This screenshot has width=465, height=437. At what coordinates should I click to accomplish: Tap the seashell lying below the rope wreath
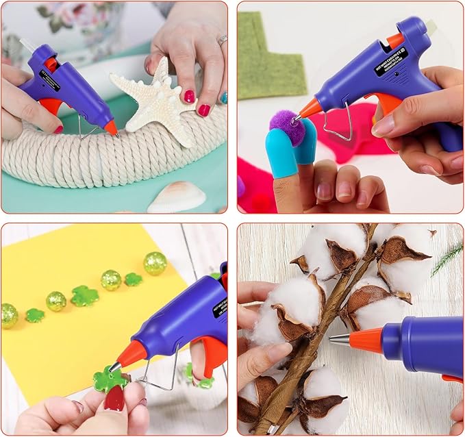[177, 197]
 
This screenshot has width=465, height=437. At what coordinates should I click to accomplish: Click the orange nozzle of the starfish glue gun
[110, 127]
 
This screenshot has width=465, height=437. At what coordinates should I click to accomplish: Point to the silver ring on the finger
[222, 40]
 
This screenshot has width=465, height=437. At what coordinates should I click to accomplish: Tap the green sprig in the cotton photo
[449, 258]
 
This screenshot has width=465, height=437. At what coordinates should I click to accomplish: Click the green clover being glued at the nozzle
[109, 379]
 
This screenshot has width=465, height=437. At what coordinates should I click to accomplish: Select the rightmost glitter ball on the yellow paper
[155, 263]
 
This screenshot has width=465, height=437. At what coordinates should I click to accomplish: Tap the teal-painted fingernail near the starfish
[223, 98]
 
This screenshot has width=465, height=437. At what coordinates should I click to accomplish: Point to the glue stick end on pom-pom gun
[430, 26]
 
